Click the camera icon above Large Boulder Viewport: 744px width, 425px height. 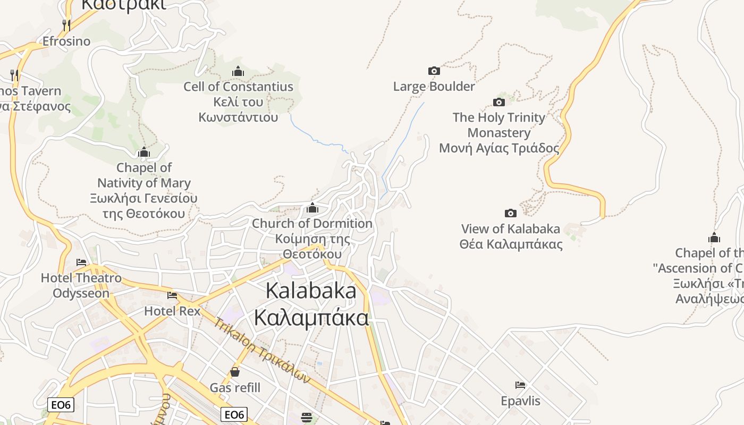[x=434, y=71]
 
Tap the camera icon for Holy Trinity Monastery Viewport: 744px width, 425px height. [x=498, y=102]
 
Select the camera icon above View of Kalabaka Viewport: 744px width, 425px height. [x=510, y=214]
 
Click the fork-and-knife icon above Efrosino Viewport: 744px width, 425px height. [x=66, y=25]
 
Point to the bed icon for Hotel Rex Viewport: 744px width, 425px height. [x=172, y=295]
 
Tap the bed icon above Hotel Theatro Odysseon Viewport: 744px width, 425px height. [x=81, y=262]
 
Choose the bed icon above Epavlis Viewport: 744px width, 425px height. [x=520, y=385]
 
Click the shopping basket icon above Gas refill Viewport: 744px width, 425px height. [x=235, y=372]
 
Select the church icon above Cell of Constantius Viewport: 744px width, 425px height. [x=238, y=71]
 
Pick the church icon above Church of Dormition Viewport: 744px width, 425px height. [x=312, y=208]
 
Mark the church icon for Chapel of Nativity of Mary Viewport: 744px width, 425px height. [x=143, y=153]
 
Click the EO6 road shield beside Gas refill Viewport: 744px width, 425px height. [x=234, y=414]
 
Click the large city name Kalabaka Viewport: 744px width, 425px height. [x=311, y=291]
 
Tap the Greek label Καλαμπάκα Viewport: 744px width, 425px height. [x=311, y=318]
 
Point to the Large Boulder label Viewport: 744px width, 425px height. [x=434, y=86]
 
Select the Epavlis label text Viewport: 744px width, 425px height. [x=520, y=401]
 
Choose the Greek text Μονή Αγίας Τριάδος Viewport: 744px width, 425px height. [x=499, y=148]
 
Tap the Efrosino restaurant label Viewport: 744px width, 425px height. [x=66, y=41]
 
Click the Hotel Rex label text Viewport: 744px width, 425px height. [x=172, y=311]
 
